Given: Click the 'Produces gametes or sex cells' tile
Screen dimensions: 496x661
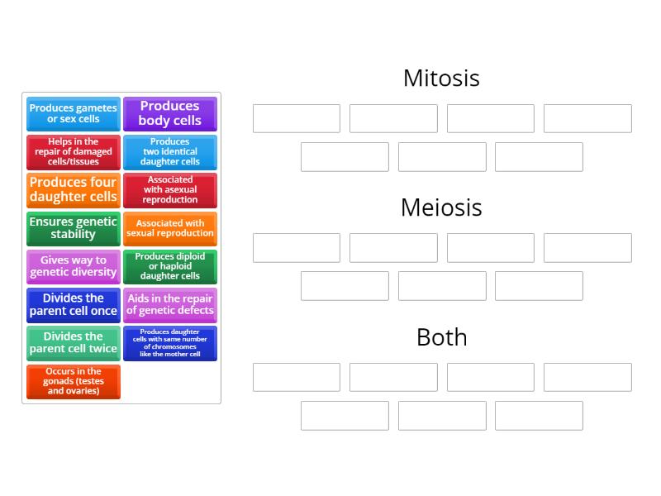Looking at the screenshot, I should [x=74, y=114].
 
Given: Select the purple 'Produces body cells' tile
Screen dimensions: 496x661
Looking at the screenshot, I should [x=170, y=114].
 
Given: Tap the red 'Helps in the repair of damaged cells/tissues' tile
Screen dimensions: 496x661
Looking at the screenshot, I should [x=74, y=152].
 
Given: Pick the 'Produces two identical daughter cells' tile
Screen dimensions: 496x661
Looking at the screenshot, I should [x=170, y=152].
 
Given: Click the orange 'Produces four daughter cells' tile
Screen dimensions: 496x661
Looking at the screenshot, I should [x=74, y=190].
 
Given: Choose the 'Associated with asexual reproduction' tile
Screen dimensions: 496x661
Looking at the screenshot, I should [x=170, y=190].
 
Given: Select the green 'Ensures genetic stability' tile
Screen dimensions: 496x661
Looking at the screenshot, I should [x=74, y=228].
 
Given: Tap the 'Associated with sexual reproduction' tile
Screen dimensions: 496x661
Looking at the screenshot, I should [x=170, y=228].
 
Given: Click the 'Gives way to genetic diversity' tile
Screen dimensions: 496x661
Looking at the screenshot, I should [x=74, y=266].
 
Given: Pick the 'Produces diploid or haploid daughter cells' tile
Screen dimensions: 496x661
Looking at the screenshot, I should [x=170, y=266].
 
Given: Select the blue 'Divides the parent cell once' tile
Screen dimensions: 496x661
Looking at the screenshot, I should [x=74, y=304].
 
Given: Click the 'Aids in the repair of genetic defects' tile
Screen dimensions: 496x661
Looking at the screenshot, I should [x=170, y=304].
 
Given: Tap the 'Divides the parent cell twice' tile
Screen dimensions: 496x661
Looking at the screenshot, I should [x=74, y=342].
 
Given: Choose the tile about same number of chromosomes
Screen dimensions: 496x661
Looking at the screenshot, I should [x=170, y=342].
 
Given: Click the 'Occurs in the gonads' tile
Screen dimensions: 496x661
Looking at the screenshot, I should [x=74, y=381].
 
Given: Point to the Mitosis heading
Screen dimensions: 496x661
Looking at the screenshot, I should [x=441, y=78].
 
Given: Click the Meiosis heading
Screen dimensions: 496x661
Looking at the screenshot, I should [x=441, y=207].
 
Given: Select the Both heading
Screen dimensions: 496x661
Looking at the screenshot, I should [x=441, y=337].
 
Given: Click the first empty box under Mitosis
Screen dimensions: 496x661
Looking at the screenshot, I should [x=297, y=118].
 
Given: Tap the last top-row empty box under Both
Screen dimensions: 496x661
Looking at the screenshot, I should [x=587, y=377].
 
